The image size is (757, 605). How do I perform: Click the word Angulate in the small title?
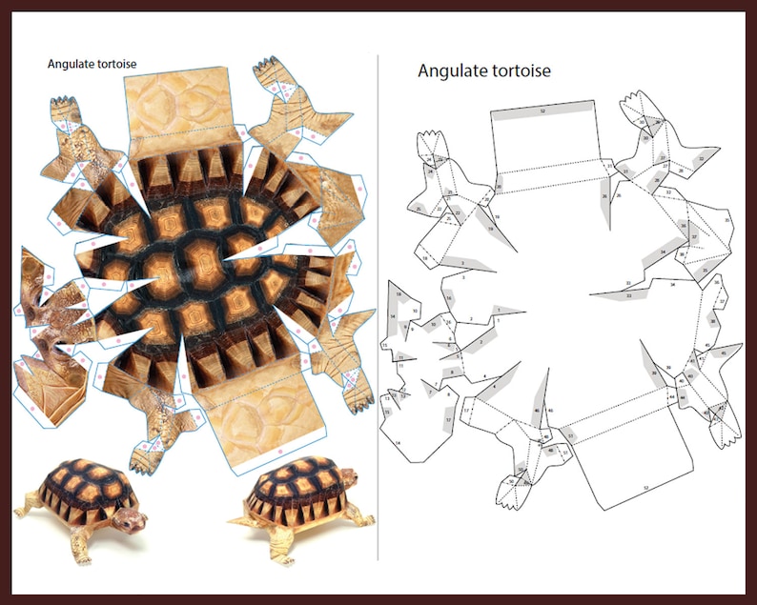click(71, 65)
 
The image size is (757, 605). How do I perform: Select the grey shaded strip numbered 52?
click(543, 112)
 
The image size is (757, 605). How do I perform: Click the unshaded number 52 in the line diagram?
click(646, 488)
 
